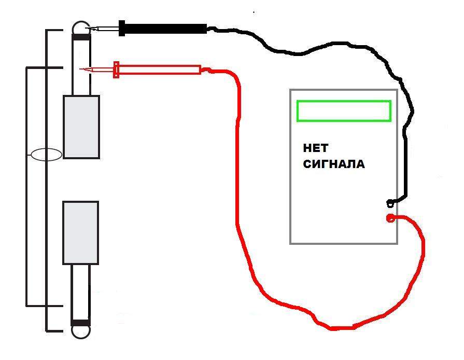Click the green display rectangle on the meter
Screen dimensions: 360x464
coord(343,111)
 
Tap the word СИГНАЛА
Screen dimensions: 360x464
coord(333,164)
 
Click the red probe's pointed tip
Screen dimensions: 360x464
coord(81,69)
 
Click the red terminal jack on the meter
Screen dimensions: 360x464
coord(390,218)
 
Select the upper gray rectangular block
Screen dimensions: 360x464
coord(81,127)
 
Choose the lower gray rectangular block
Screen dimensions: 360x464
coord(81,232)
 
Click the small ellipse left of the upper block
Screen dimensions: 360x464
coord(47,155)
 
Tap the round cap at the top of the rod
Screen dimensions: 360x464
coord(80,26)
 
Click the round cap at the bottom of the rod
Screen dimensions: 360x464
coord(80,332)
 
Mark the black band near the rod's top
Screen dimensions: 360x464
coord(81,37)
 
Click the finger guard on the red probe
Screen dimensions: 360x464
coord(117,70)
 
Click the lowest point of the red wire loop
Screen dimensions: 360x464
coord(334,328)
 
